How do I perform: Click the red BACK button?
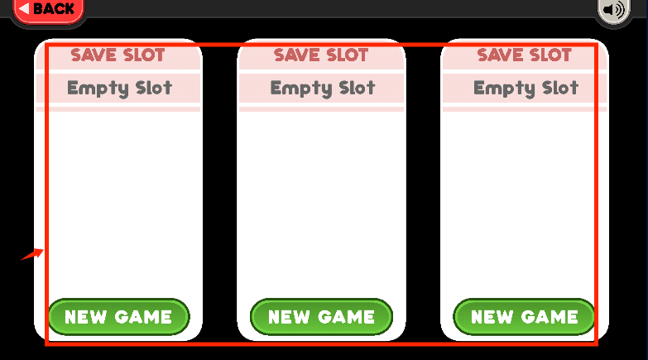point(48,10)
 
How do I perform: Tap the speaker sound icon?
point(614,10)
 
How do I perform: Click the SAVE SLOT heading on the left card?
point(118,55)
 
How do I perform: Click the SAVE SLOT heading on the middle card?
point(321,55)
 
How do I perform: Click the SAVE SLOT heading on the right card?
point(525,55)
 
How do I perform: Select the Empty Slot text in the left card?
point(119,89)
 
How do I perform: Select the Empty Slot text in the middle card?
point(323,89)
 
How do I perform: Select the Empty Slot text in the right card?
point(526,89)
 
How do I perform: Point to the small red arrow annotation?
point(32,255)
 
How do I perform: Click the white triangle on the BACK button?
point(24,8)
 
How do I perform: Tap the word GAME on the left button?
point(143,317)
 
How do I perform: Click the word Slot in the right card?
point(560,88)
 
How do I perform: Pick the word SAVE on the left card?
point(91,55)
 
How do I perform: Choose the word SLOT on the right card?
point(551,55)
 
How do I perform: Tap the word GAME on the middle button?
point(346,317)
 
